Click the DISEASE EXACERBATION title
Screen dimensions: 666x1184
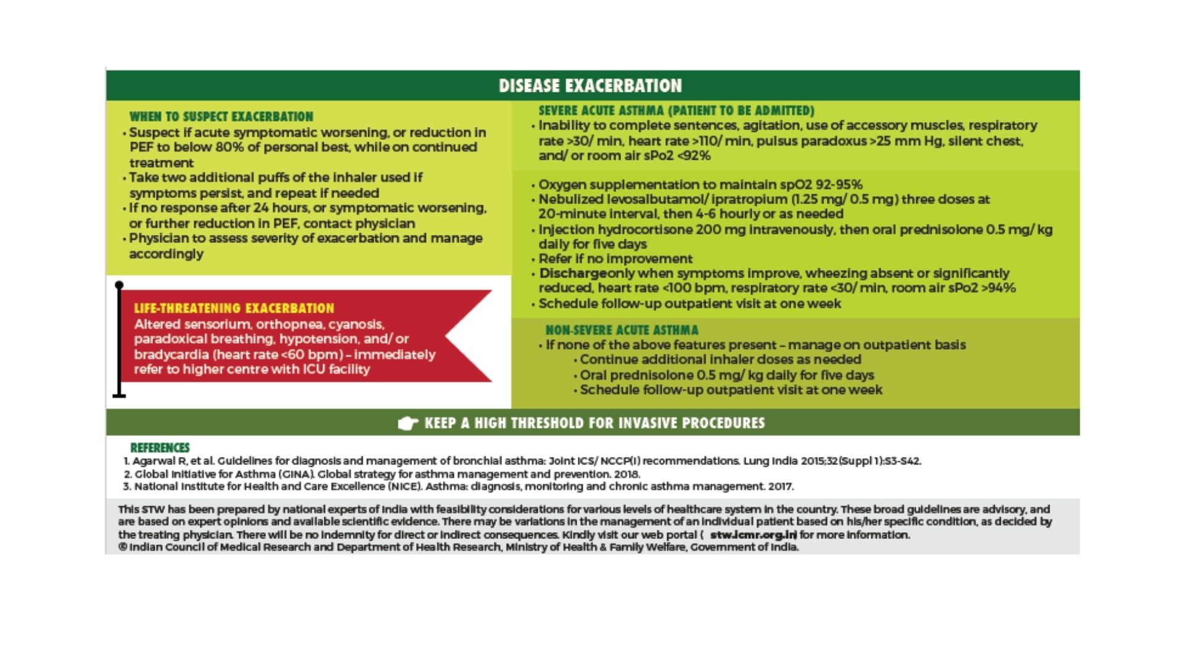[590, 86]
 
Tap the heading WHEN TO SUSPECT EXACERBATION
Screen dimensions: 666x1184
[221, 117]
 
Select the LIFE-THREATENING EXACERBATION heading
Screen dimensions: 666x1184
[234, 308]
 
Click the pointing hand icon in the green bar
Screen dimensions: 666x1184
[408, 423]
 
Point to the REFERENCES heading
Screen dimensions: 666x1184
[160, 448]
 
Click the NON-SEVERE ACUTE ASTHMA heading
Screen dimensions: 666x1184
[622, 330]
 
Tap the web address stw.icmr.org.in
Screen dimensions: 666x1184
[753, 535]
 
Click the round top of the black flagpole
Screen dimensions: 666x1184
[119, 285]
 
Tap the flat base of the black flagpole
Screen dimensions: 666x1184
[119, 396]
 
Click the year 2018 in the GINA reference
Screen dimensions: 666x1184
[627, 474]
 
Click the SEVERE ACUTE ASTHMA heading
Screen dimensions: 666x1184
[676, 110]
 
